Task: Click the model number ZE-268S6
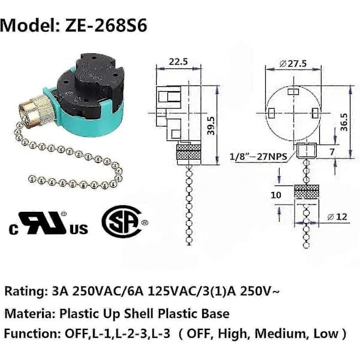[106, 25]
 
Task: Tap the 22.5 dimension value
[178, 62]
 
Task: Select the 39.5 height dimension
[211, 125]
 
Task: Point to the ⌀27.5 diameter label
[293, 64]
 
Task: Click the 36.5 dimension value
[344, 122]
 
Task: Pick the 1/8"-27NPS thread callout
[259, 157]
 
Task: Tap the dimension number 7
[332, 152]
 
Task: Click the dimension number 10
[276, 195]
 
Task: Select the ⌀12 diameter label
[337, 217]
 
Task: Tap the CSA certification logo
[124, 221]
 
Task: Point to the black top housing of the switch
[91, 83]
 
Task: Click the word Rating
[25, 292]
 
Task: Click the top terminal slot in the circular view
[293, 92]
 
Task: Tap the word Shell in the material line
[139, 314]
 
